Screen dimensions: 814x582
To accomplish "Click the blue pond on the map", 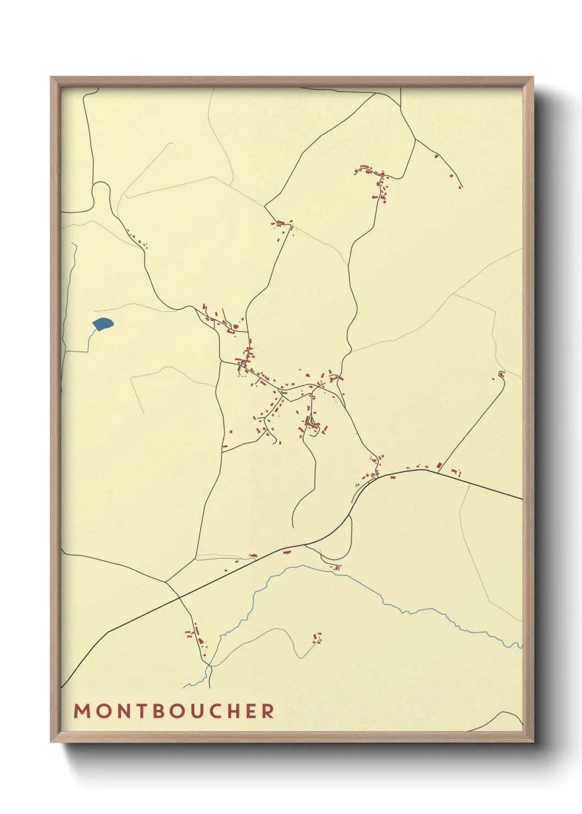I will (x=103, y=324).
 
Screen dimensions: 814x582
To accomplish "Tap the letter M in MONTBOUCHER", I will (x=81, y=711).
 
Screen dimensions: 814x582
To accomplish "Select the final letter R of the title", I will (x=268, y=711).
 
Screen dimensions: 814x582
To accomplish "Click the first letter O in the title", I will (x=101, y=711).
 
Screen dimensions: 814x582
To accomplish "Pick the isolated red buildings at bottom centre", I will (x=317, y=638).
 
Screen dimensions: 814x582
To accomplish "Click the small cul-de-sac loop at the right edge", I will (x=501, y=375).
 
